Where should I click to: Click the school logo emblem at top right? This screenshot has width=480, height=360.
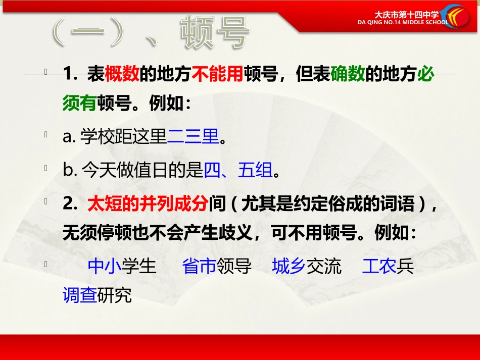(x=457, y=16)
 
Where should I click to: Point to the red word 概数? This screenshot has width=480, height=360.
(x=121, y=75)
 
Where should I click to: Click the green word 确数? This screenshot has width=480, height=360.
(x=348, y=75)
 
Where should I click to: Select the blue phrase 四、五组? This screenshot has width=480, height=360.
(x=238, y=171)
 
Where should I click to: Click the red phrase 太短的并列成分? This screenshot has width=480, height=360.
(x=148, y=204)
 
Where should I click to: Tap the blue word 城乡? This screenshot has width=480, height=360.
(x=289, y=266)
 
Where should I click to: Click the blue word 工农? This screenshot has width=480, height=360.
(x=379, y=266)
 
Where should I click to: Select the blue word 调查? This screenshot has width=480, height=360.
(x=79, y=295)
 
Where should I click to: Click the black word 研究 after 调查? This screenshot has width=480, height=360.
(x=114, y=295)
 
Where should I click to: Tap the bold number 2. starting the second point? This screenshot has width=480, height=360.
(x=69, y=204)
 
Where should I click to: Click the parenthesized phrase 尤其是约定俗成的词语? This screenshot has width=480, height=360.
(x=331, y=204)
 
